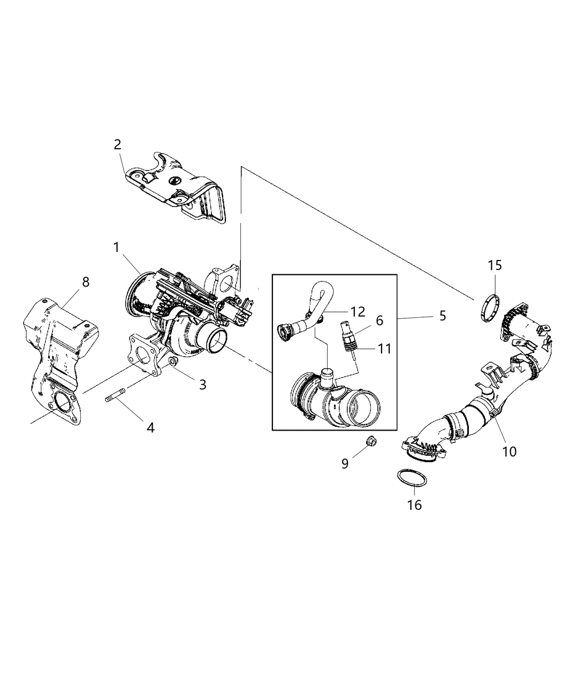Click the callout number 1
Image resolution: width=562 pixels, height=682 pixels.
pyautogui.click(x=116, y=247)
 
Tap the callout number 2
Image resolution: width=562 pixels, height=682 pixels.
pyautogui.click(x=117, y=144)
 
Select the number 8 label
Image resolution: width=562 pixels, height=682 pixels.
pyautogui.click(x=86, y=282)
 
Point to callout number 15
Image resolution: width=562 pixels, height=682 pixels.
pyautogui.click(x=495, y=265)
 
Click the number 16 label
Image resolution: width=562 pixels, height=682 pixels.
pyautogui.click(x=414, y=504)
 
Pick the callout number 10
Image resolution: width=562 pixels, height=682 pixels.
pyautogui.click(x=509, y=451)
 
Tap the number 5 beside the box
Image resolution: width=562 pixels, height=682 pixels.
pyautogui.click(x=442, y=316)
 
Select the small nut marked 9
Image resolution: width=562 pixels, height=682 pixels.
pyautogui.click(x=369, y=442)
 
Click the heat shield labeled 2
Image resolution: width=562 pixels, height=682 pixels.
pyautogui.click(x=177, y=190)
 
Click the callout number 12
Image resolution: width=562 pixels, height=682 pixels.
pyautogui.click(x=358, y=311)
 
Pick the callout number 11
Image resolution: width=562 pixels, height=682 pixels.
pyautogui.click(x=384, y=349)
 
